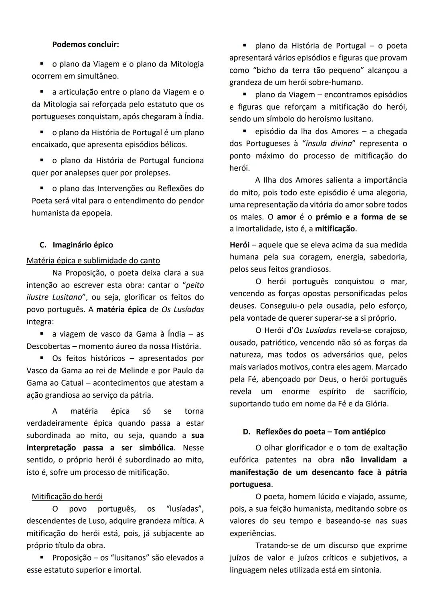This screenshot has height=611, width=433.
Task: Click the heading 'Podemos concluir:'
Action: [85, 44]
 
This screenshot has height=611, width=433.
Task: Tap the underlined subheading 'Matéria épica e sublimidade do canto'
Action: [93, 261]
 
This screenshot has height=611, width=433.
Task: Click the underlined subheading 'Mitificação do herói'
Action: [67, 496]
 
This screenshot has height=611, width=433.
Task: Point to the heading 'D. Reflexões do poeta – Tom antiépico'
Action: [314, 432]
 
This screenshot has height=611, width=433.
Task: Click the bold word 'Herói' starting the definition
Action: [239, 245]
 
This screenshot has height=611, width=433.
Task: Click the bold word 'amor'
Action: [286, 217]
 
